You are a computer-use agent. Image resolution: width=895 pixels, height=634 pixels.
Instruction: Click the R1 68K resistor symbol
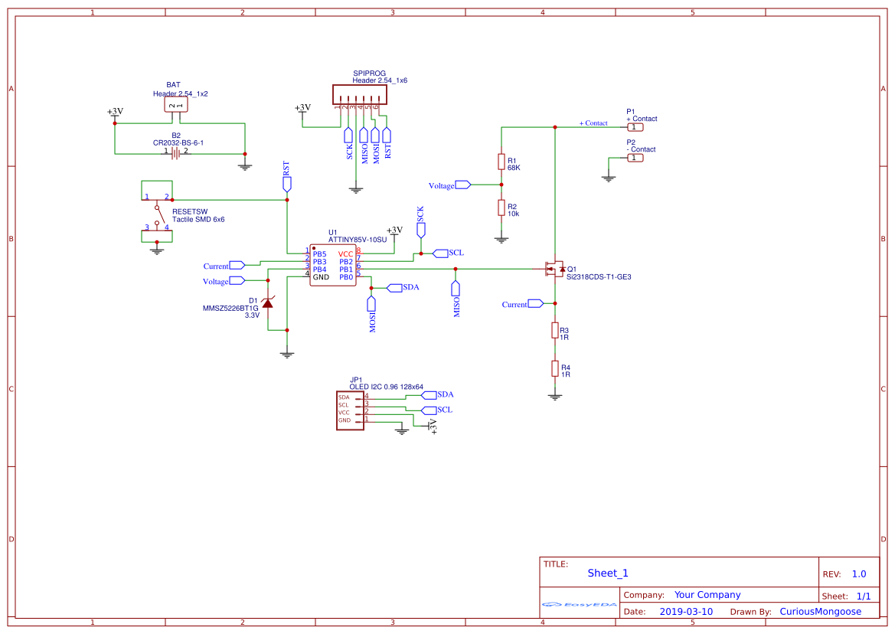501,162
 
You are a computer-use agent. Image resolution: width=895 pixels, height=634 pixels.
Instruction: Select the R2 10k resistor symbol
501,208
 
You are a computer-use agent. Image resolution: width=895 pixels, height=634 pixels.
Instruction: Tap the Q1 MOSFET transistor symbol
553,269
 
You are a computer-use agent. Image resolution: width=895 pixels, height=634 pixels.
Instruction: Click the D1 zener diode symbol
267,303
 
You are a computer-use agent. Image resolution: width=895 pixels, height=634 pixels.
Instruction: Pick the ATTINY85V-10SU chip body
333,265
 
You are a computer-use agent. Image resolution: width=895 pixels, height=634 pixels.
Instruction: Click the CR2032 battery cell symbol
176,152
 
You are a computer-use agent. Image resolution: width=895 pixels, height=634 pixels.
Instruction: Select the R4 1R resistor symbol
555,368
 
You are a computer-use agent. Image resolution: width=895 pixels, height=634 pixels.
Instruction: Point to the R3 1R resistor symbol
555,330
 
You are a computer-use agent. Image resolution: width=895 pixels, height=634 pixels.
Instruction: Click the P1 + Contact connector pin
635,127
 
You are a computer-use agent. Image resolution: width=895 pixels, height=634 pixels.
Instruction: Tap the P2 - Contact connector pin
635,158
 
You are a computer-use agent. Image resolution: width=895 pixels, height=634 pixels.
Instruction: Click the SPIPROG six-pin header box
359,94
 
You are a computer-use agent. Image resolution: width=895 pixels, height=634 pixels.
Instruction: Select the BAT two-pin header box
176,105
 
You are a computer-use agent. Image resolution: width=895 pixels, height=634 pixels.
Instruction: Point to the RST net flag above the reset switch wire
287,181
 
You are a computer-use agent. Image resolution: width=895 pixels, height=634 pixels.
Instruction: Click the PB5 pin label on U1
319,254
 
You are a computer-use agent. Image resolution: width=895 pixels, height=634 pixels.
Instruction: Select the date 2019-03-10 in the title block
686,612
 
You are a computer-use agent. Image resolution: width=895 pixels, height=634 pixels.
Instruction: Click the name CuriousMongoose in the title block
820,612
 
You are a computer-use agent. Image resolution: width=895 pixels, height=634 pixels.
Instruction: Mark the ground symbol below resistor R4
555,397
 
